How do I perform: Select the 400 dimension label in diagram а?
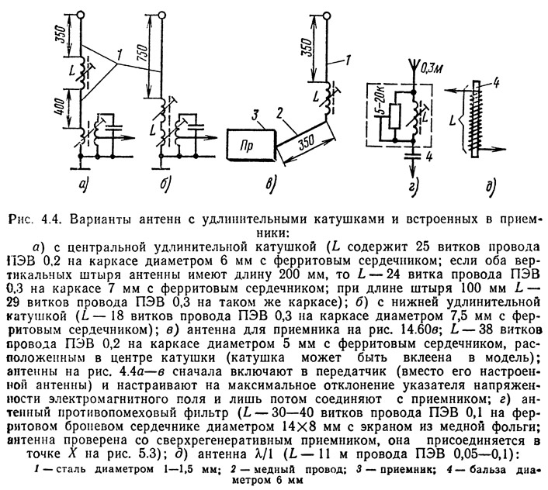tap(60, 107)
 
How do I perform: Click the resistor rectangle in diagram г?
tap(394, 116)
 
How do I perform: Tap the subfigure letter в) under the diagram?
tap(270, 184)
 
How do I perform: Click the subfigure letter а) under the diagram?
tap(84, 184)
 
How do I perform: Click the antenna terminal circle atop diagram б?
tap(161, 15)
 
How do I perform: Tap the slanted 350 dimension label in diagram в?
tap(306, 142)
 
